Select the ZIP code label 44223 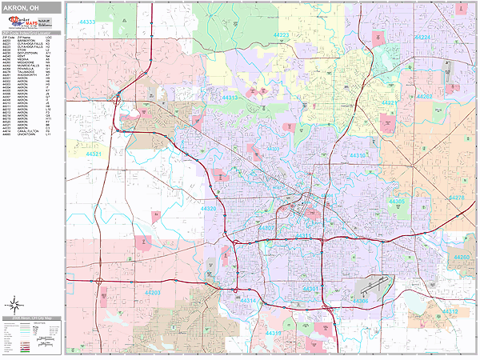coord(282,35)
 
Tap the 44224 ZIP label coord(422,38)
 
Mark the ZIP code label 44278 coord(457,197)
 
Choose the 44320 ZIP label coord(208,209)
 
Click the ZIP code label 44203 coord(152,293)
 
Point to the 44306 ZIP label coord(360,301)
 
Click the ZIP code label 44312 coord(450,311)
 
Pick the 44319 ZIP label coord(274,333)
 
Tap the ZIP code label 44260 coord(462,258)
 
